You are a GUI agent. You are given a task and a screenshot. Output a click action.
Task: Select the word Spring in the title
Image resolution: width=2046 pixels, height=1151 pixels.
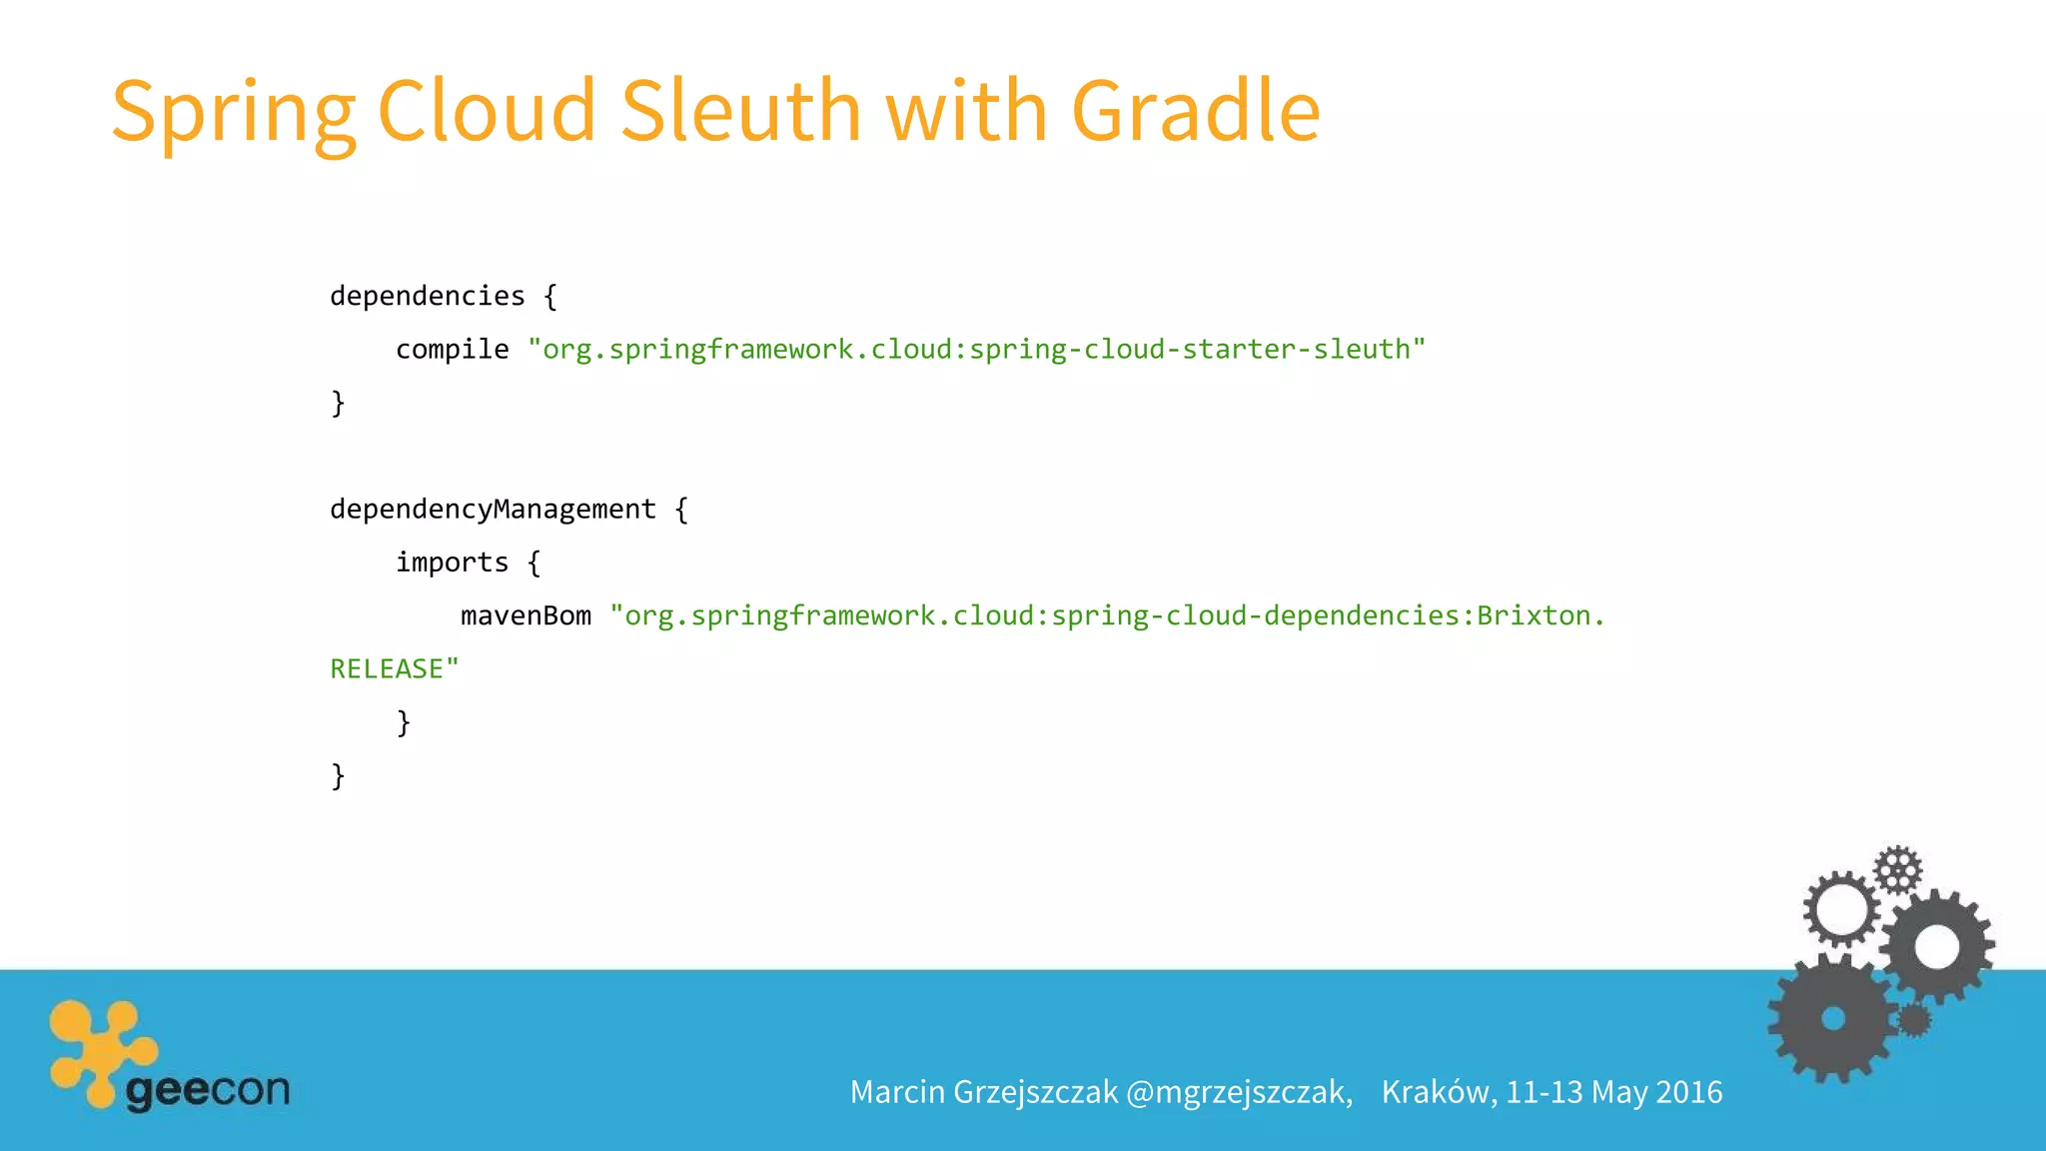click(233, 112)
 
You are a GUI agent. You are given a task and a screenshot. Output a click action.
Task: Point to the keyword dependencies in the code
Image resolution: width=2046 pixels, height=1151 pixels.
click(428, 296)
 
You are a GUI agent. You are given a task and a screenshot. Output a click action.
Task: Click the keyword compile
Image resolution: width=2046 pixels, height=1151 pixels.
click(452, 350)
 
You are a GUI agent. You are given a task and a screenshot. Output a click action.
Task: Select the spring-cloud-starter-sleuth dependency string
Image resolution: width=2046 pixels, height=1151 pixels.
click(976, 350)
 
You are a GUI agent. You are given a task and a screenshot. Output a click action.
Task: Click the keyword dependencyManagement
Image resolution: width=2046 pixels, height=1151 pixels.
click(493, 510)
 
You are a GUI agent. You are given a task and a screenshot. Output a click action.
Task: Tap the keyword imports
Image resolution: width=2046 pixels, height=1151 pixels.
click(452, 563)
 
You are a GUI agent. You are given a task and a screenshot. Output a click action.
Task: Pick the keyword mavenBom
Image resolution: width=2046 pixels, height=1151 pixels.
click(525, 615)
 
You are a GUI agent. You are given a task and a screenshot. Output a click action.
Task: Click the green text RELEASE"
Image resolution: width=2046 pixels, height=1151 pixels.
click(395, 669)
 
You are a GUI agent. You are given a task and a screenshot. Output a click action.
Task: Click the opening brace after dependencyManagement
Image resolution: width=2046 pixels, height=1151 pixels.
click(681, 510)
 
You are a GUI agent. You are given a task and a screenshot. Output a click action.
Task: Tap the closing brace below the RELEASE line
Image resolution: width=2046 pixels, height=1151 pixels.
click(404, 722)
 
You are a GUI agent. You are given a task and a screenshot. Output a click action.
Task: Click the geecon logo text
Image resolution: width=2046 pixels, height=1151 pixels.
click(208, 1089)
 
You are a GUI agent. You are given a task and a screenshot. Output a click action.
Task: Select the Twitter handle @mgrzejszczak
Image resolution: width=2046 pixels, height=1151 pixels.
click(1239, 1092)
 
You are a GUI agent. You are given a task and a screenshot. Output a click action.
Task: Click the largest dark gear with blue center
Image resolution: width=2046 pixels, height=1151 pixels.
click(1832, 1019)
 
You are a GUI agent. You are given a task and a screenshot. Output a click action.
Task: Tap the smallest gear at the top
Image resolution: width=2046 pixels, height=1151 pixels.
click(1897, 869)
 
